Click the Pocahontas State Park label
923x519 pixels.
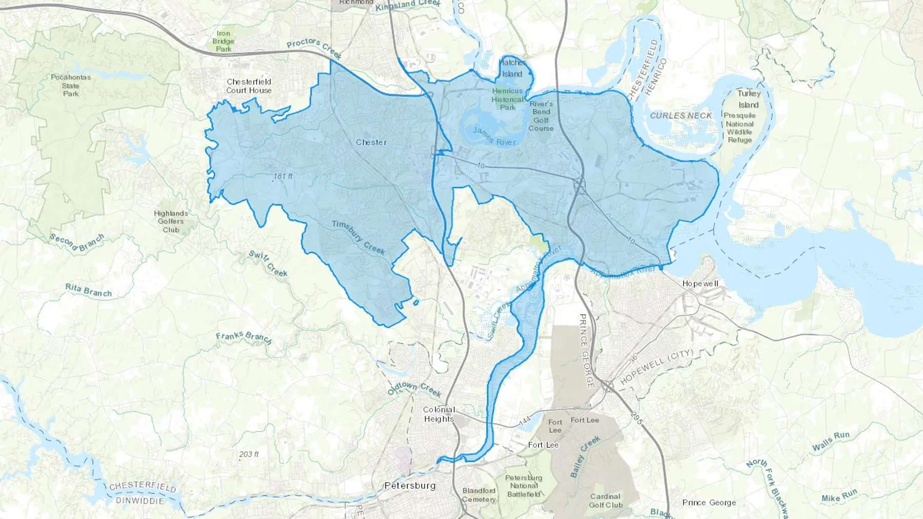(x=71, y=85)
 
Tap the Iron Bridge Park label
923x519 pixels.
(x=224, y=41)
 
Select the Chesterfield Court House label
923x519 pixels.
(x=249, y=86)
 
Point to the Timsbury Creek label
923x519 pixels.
(x=358, y=237)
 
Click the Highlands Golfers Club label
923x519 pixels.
(x=171, y=221)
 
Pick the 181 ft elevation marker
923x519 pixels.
(x=283, y=176)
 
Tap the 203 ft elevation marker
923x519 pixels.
(x=249, y=454)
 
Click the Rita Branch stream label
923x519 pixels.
(x=89, y=290)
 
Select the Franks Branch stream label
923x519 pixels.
(x=244, y=338)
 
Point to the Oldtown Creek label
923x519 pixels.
(x=414, y=389)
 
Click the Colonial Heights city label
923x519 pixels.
(x=439, y=414)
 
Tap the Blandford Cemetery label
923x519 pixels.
(x=479, y=495)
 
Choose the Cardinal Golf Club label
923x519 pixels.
(x=606, y=501)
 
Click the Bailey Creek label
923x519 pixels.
(x=585, y=457)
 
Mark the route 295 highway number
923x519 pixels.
(x=636, y=418)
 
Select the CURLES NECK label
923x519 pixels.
(x=681, y=116)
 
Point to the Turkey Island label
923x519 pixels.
(x=749, y=99)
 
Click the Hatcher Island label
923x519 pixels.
(x=512, y=68)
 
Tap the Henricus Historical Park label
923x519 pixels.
(x=508, y=99)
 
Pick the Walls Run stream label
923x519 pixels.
(x=831, y=441)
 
